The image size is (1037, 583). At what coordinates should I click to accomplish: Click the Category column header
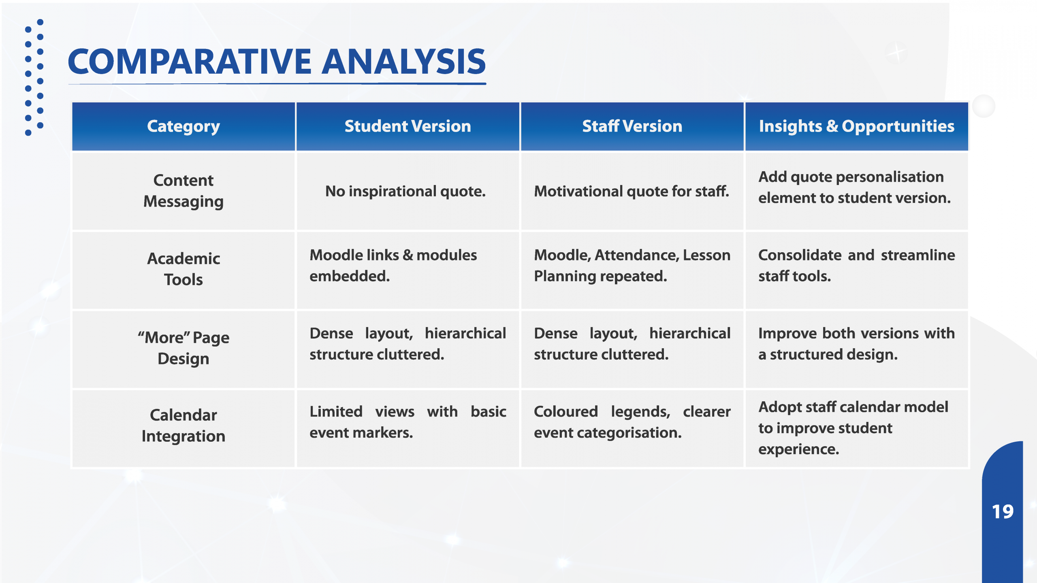pyautogui.click(x=184, y=126)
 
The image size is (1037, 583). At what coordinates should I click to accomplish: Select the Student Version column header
pyautogui.click(x=408, y=126)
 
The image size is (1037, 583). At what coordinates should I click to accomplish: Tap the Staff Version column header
pyautogui.click(x=632, y=126)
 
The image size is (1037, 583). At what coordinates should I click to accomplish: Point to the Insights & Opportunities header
pyautogui.click(x=857, y=126)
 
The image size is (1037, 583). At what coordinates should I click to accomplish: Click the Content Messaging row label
pyautogui.click(x=184, y=191)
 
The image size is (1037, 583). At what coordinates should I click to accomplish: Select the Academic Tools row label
pyautogui.click(x=184, y=269)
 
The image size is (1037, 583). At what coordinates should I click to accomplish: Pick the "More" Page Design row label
pyautogui.click(x=184, y=348)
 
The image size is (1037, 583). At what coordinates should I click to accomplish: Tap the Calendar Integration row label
pyautogui.click(x=184, y=426)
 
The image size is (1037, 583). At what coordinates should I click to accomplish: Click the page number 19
pyautogui.click(x=1003, y=512)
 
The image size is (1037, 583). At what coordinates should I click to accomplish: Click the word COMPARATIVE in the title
pyautogui.click(x=190, y=62)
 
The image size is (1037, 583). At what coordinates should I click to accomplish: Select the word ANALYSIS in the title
pyautogui.click(x=404, y=62)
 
